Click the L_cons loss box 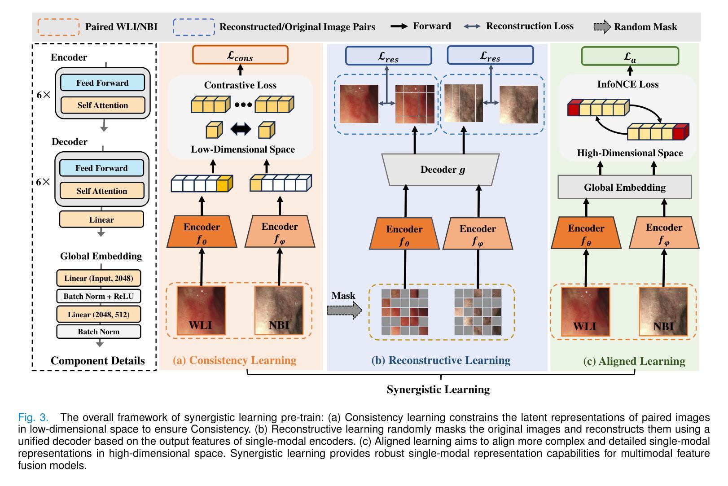(240, 55)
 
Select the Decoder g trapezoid (443, 170)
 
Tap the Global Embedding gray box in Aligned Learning (624, 187)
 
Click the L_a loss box (630, 57)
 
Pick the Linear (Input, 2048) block (98, 278)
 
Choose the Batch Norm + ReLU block (98, 296)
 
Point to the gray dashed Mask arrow (344, 310)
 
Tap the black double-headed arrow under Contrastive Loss (241, 129)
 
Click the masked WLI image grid (404, 312)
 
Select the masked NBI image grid (478, 312)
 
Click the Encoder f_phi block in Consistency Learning (280, 232)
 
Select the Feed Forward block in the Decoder (101, 168)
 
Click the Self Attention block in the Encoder (102, 105)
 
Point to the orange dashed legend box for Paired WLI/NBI (59, 27)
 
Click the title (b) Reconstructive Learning (441, 360)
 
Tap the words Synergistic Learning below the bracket (438, 390)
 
